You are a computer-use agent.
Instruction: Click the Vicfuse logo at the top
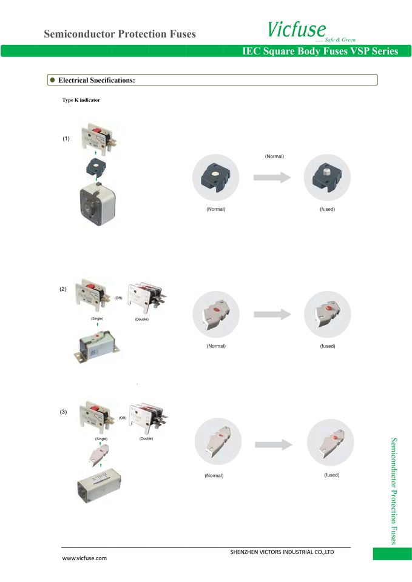pos(296,29)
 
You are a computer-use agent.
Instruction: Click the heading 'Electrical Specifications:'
pos(96,80)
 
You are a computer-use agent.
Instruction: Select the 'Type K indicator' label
pos(81,99)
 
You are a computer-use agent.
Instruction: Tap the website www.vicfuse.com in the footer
pos(85,558)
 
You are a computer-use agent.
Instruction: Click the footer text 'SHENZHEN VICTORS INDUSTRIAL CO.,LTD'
pos(282,552)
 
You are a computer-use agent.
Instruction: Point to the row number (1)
pos(66,139)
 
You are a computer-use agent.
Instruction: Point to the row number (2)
pos(63,289)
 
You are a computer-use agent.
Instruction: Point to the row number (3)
pos(63,412)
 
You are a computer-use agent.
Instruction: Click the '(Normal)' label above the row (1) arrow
pos(274,156)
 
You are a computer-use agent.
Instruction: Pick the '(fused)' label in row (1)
pos(327,209)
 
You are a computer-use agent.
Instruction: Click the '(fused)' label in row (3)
pos(331,475)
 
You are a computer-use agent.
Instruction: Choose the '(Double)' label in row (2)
pos(142,319)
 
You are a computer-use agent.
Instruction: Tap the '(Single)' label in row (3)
pos(100,438)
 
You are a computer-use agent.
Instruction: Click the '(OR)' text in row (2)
pos(118,298)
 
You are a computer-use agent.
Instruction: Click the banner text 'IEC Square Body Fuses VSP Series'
pos(319,51)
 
